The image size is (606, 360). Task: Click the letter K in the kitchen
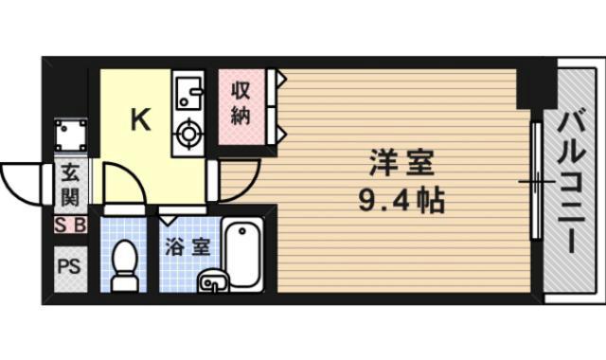[139, 119]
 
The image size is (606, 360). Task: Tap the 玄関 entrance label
[70, 185]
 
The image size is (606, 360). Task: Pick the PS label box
[68, 265]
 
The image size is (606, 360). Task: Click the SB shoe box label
[70, 225]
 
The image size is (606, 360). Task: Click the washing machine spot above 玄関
[70, 138]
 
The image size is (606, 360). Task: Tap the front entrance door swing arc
[24, 179]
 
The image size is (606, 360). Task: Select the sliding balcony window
[535, 179]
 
